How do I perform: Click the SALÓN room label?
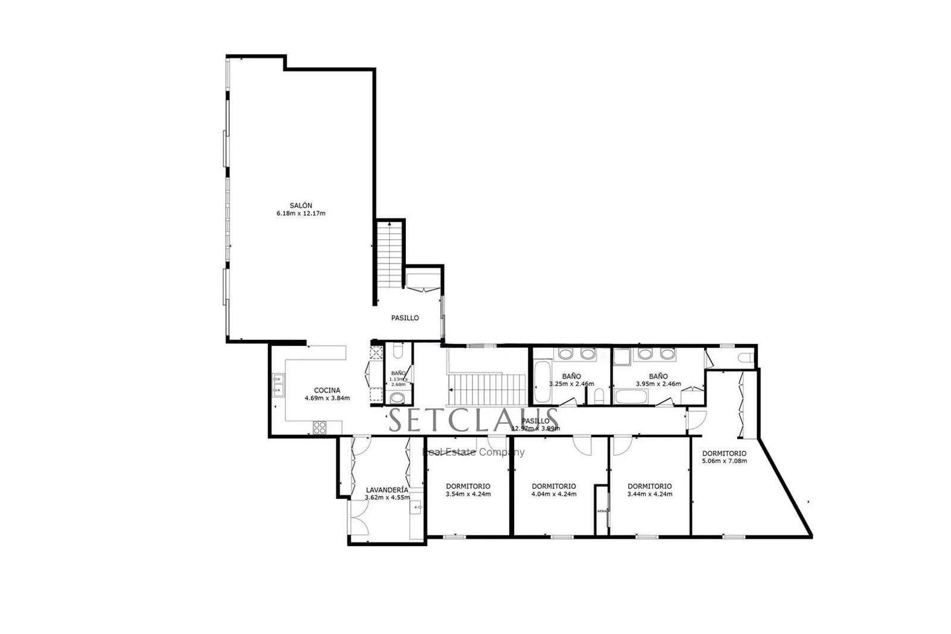(x=301, y=206)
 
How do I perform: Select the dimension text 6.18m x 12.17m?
(x=301, y=213)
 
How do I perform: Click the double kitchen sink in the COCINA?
(x=278, y=384)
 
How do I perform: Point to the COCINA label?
(x=327, y=390)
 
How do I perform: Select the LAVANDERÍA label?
(x=387, y=490)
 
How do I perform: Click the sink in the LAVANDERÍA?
(x=417, y=507)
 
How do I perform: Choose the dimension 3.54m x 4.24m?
(x=468, y=494)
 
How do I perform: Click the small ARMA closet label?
(x=602, y=510)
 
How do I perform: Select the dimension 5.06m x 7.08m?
(x=724, y=461)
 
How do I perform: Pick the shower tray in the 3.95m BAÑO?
(x=622, y=356)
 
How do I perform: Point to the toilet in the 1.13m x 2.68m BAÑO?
(x=397, y=398)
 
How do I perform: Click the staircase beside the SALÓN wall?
(x=390, y=254)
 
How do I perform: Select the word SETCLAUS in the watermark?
(x=474, y=420)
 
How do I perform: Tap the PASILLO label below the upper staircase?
(x=405, y=318)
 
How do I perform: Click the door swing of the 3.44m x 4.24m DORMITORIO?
(x=622, y=446)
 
